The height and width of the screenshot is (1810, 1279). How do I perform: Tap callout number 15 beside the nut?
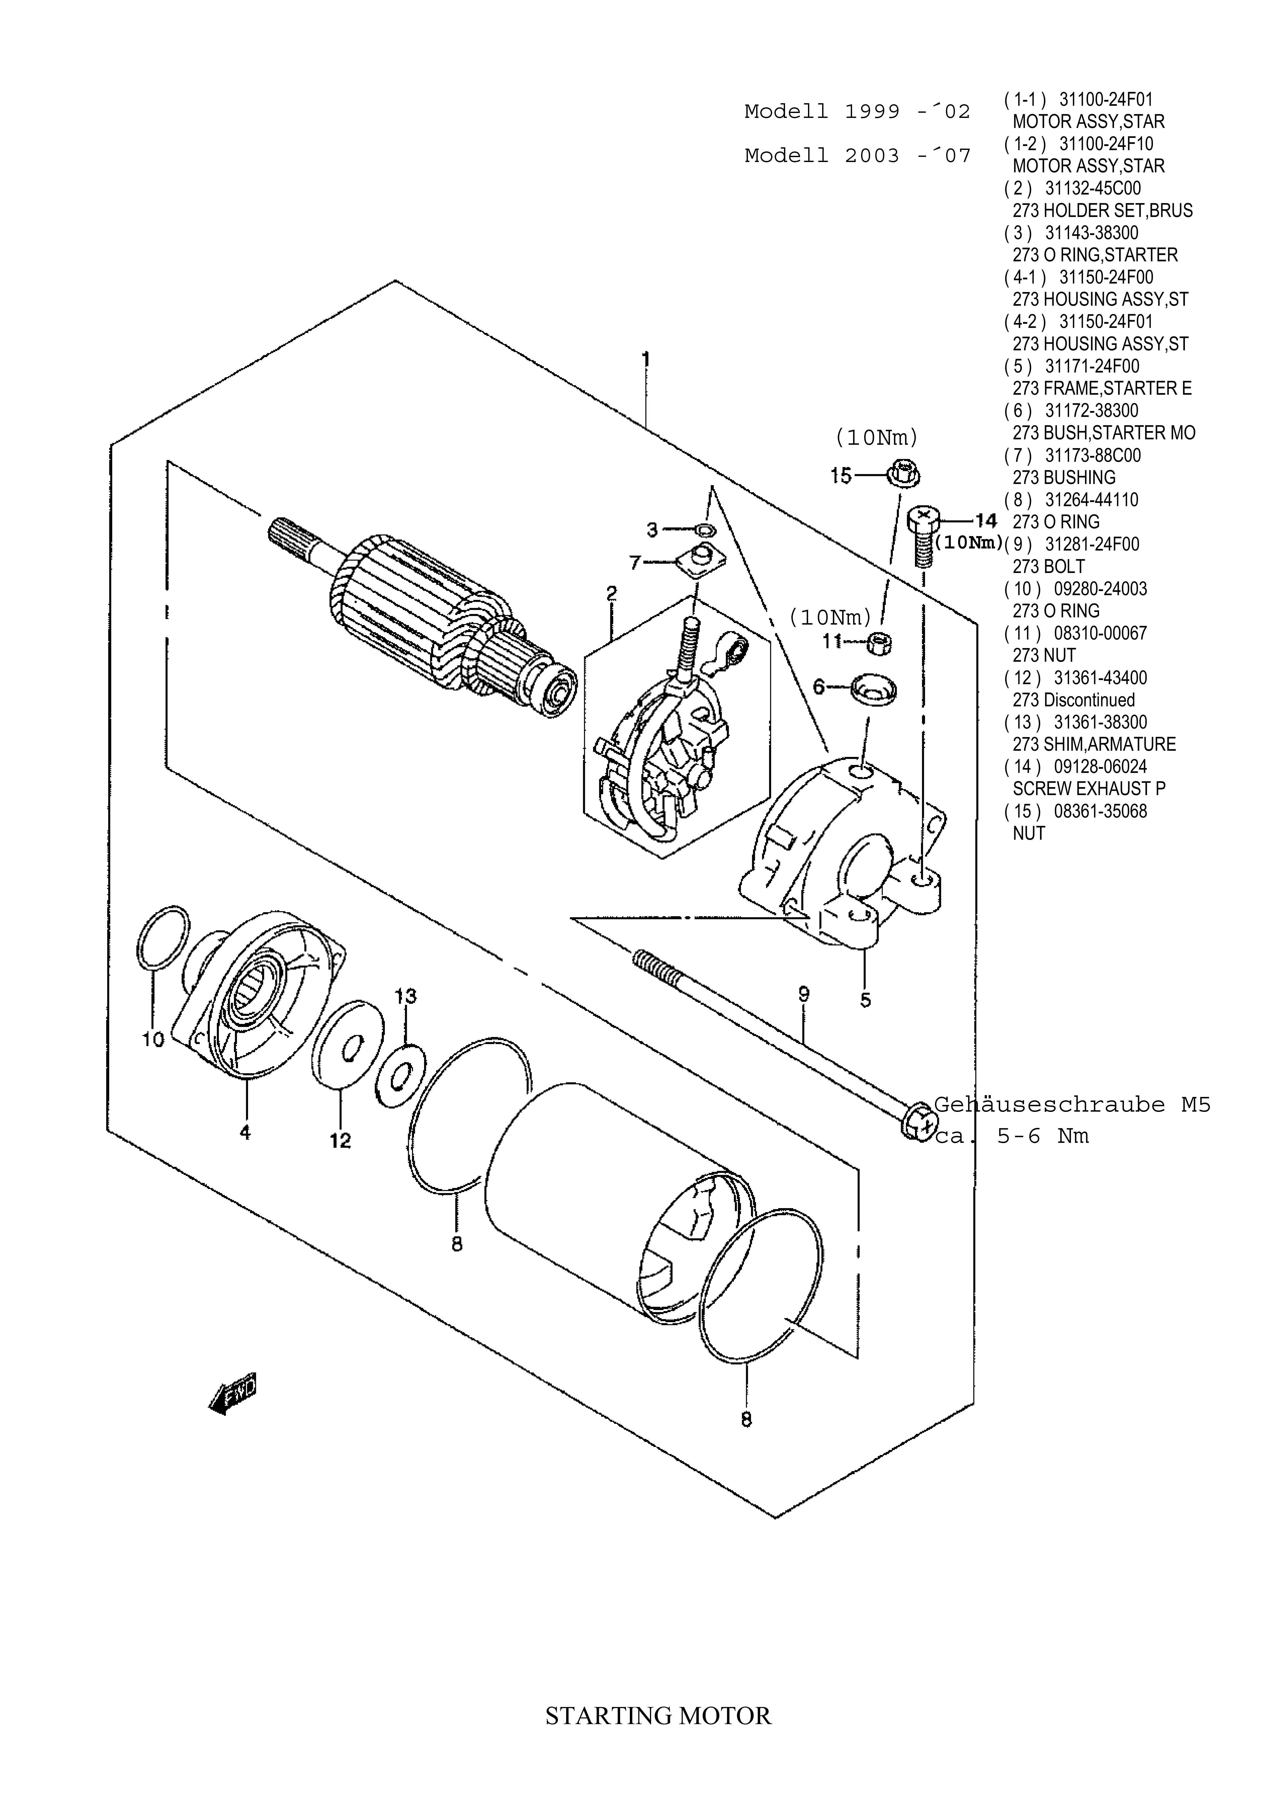[842, 475]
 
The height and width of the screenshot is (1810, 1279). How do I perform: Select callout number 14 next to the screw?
[986, 520]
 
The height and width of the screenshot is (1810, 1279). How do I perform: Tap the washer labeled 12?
[348, 1045]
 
